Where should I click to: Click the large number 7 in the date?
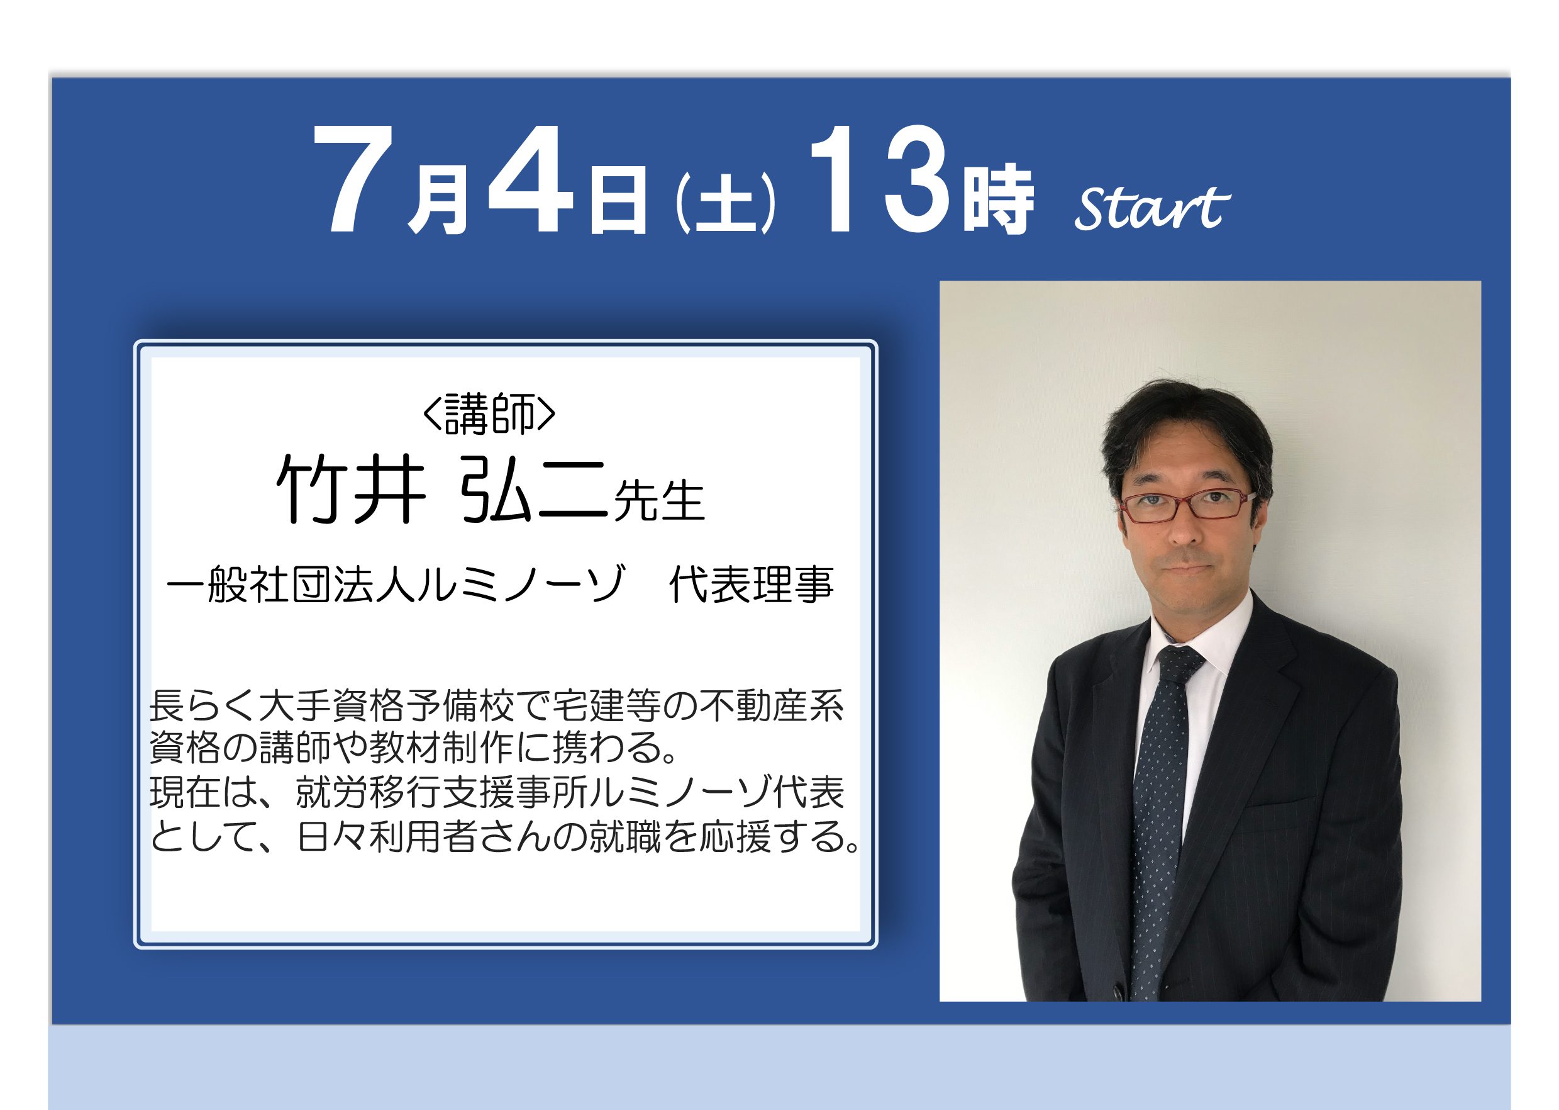[x=353, y=179]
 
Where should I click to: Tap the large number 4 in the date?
[x=531, y=179]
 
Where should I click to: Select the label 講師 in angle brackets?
[x=489, y=413]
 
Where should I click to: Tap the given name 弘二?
[x=533, y=490]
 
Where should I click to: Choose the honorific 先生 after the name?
[x=658, y=501]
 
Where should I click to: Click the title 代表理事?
[x=752, y=585]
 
